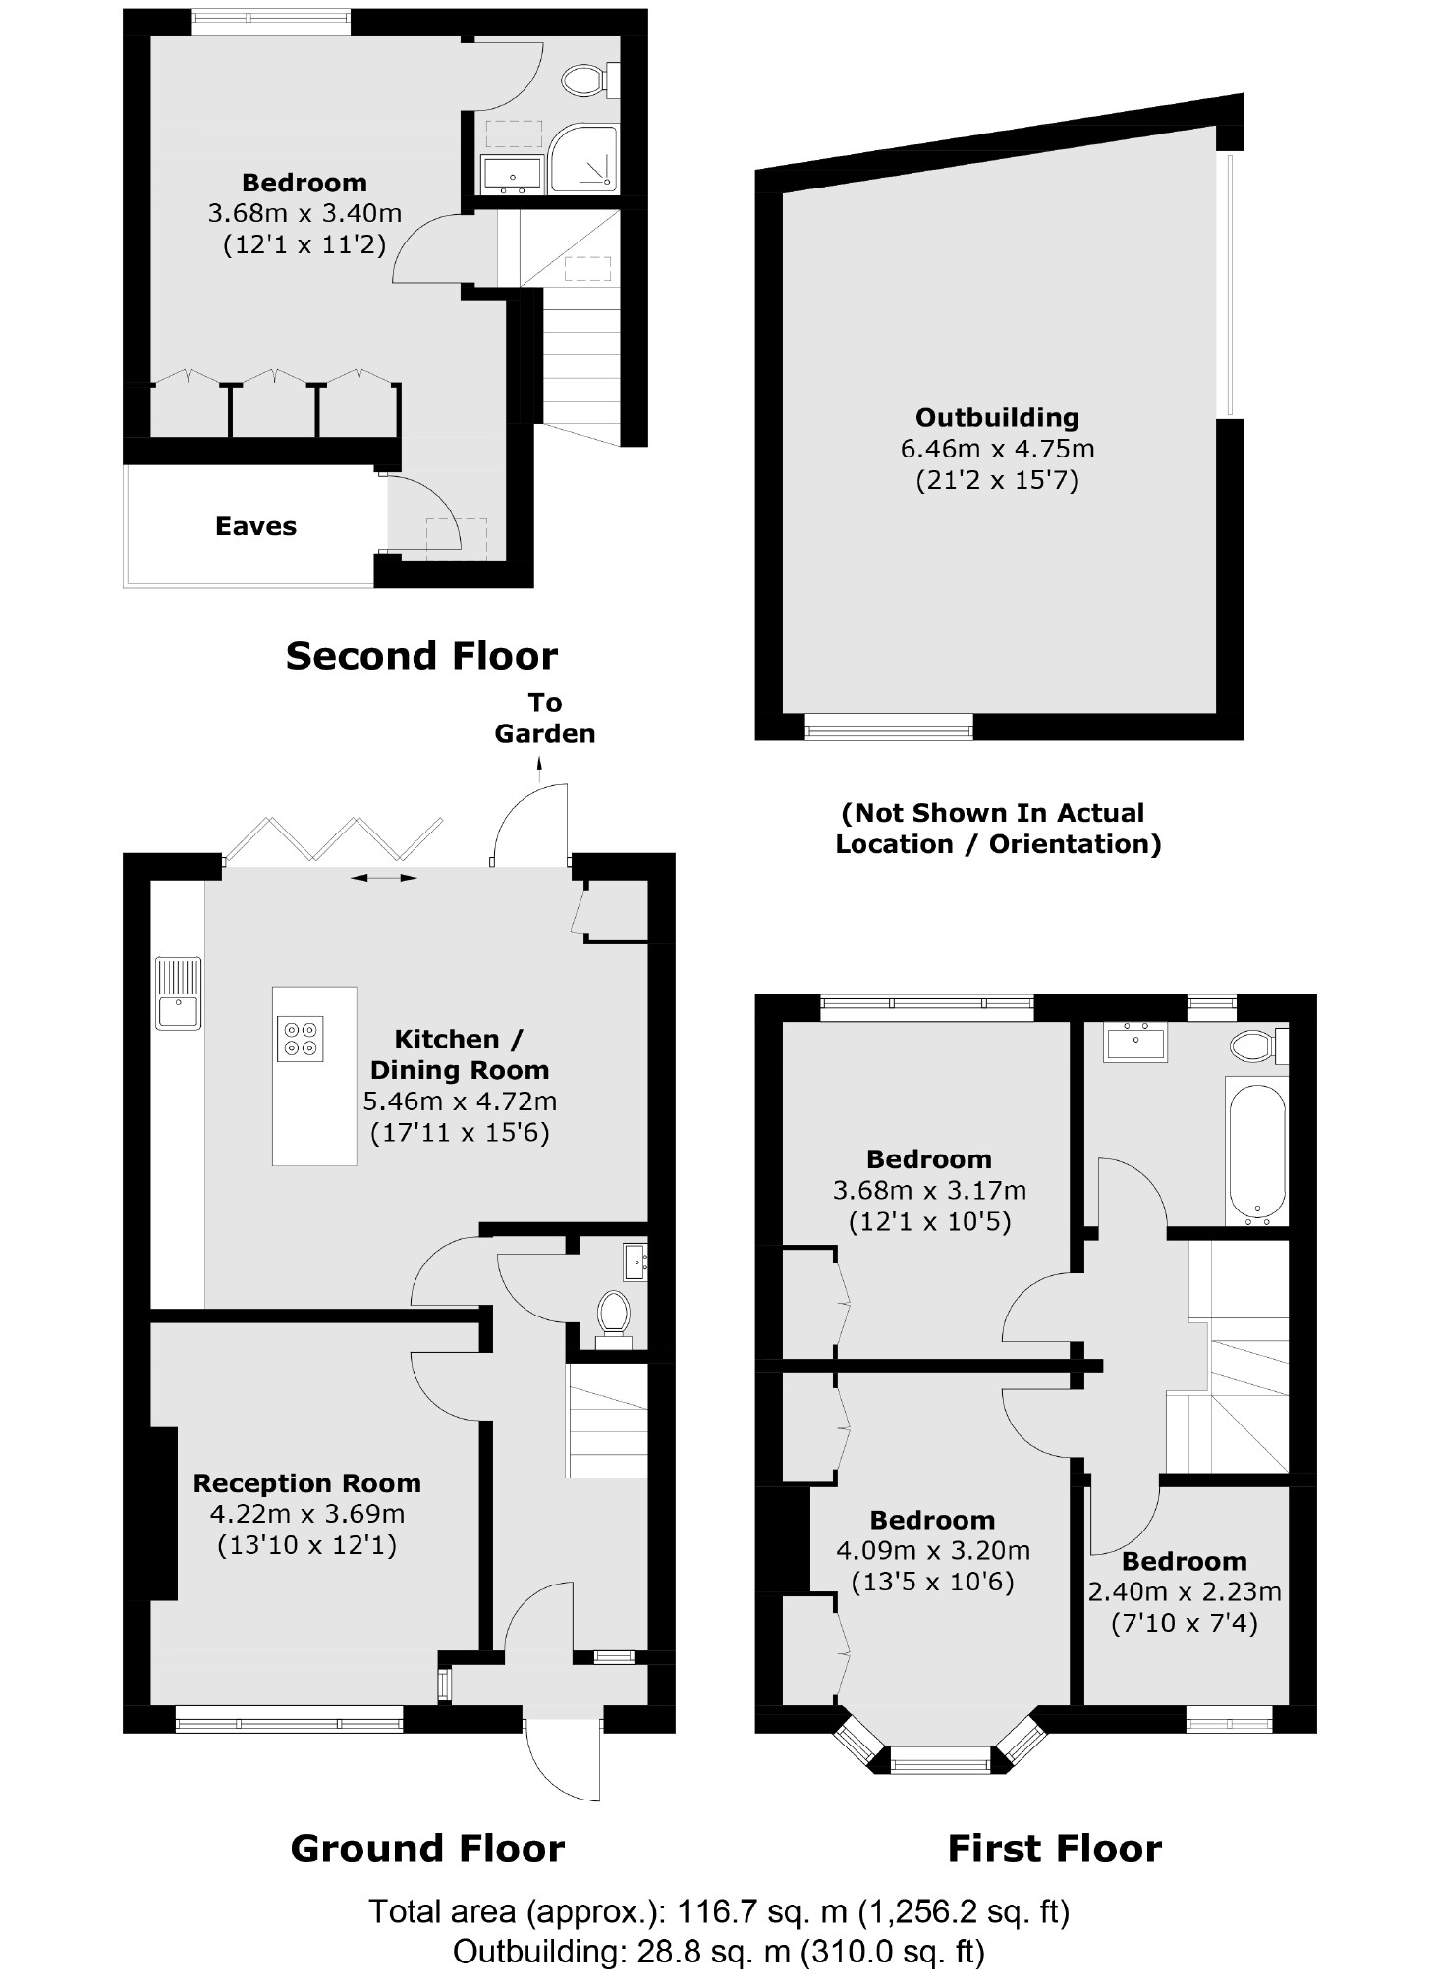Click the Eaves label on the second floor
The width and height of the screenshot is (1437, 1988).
255,526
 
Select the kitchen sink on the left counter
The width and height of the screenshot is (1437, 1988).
178,993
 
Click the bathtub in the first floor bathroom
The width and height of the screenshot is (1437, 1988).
1256,1150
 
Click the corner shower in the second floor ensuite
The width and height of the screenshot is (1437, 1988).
584,158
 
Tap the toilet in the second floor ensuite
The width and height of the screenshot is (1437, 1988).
587,81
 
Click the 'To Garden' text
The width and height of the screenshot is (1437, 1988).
545,718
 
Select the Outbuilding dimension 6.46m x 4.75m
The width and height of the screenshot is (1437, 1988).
997,449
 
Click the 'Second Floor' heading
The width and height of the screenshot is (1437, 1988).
421,655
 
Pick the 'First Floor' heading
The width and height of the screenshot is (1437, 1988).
1054,1849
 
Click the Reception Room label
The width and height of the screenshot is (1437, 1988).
306,1482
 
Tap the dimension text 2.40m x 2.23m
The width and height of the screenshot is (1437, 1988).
1184,1591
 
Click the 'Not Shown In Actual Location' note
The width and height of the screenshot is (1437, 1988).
997,829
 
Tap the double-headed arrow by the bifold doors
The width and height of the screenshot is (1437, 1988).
384,878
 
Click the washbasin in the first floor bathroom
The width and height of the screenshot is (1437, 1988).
1135,1042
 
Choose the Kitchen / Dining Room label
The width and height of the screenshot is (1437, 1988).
459,1054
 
